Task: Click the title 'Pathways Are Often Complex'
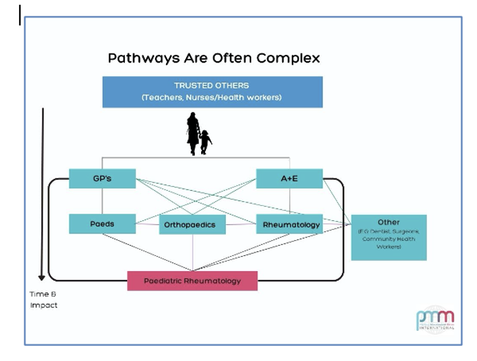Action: point(213,58)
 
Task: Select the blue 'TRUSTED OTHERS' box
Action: point(212,91)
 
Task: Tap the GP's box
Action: point(102,178)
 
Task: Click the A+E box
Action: point(289,178)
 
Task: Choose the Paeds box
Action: point(102,224)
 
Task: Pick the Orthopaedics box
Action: point(193,224)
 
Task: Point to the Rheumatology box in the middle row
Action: point(291,224)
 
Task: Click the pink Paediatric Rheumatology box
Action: point(192,281)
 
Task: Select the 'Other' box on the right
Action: point(388,237)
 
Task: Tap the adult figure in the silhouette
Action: point(193,132)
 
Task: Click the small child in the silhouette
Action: point(205,141)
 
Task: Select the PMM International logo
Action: point(434,320)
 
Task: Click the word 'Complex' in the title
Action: point(293,58)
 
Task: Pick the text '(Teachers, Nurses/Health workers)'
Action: point(212,97)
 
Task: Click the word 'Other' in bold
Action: point(388,222)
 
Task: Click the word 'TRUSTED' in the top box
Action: point(193,86)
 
